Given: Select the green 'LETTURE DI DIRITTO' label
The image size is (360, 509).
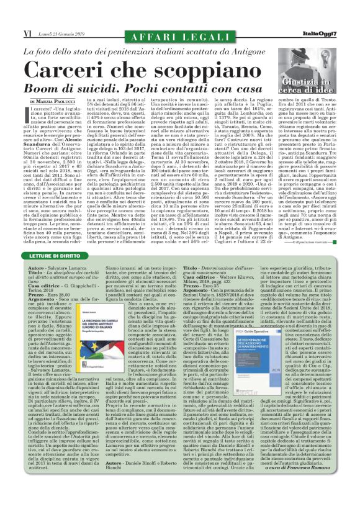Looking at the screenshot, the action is click(59, 256).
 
